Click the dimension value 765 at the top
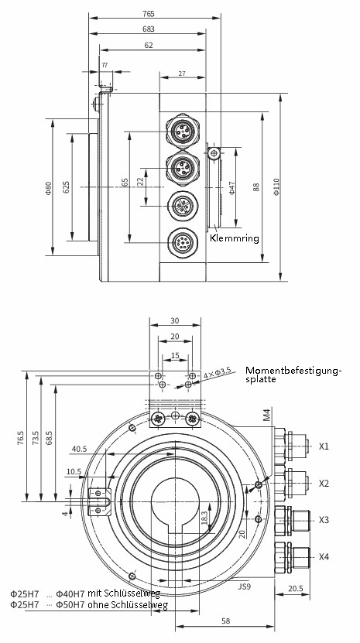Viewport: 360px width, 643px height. [149, 14]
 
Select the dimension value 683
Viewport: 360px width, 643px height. [149, 29]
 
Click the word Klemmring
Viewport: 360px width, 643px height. [234, 238]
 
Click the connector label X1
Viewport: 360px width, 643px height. [324, 446]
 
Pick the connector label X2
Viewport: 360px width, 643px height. [324, 483]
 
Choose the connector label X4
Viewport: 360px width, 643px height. [324, 556]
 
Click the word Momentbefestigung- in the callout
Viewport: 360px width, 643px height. [293, 371]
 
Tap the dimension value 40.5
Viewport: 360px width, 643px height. [79, 449]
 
